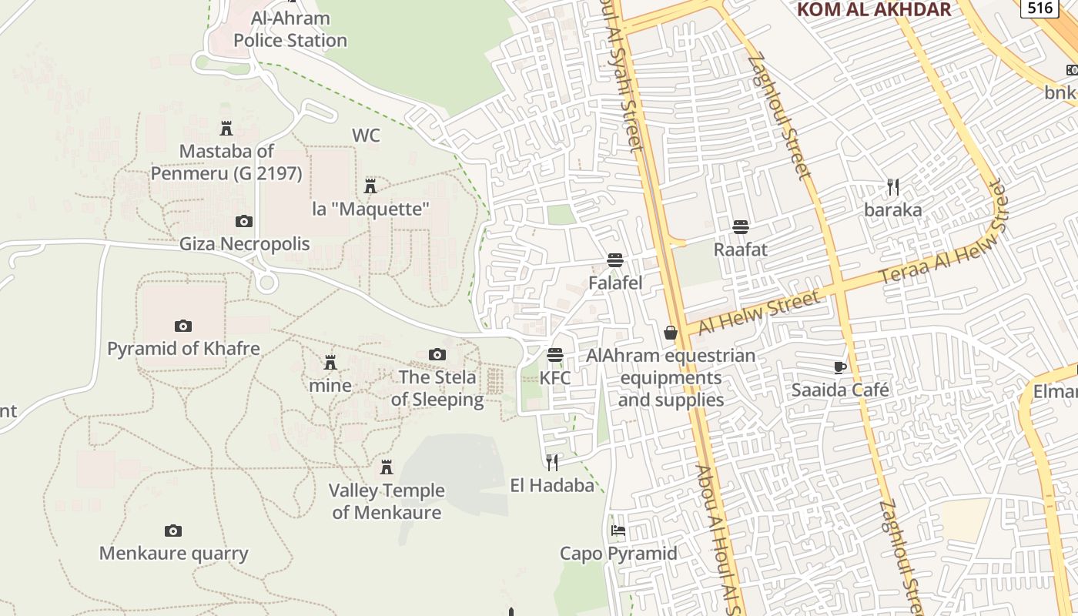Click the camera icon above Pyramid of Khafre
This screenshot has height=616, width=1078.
[182, 326]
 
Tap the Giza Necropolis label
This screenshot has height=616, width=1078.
[244, 244]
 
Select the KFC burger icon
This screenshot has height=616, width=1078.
[555, 355]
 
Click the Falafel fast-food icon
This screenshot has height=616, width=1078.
[614, 260]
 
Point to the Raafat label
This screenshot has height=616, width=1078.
[740, 249]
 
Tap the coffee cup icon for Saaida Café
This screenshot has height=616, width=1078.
[840, 367]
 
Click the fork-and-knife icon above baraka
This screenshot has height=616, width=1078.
[893, 186]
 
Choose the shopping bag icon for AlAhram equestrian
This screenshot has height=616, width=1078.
[671, 333]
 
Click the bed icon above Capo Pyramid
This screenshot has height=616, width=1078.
[618, 531]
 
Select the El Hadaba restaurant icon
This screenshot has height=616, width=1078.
[552, 462]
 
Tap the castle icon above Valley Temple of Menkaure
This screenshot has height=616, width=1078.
[387, 467]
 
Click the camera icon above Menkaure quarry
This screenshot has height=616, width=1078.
[173, 531]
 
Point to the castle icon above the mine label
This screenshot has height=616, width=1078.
[330, 362]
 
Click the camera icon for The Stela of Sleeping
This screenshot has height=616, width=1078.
[437, 354]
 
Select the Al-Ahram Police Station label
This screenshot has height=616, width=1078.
[290, 29]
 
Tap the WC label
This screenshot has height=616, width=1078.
[366, 136]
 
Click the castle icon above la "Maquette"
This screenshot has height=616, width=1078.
[370, 186]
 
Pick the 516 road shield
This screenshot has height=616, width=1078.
[1040, 8]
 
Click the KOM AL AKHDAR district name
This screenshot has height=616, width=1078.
[874, 9]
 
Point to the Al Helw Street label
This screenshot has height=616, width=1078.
[758, 312]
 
